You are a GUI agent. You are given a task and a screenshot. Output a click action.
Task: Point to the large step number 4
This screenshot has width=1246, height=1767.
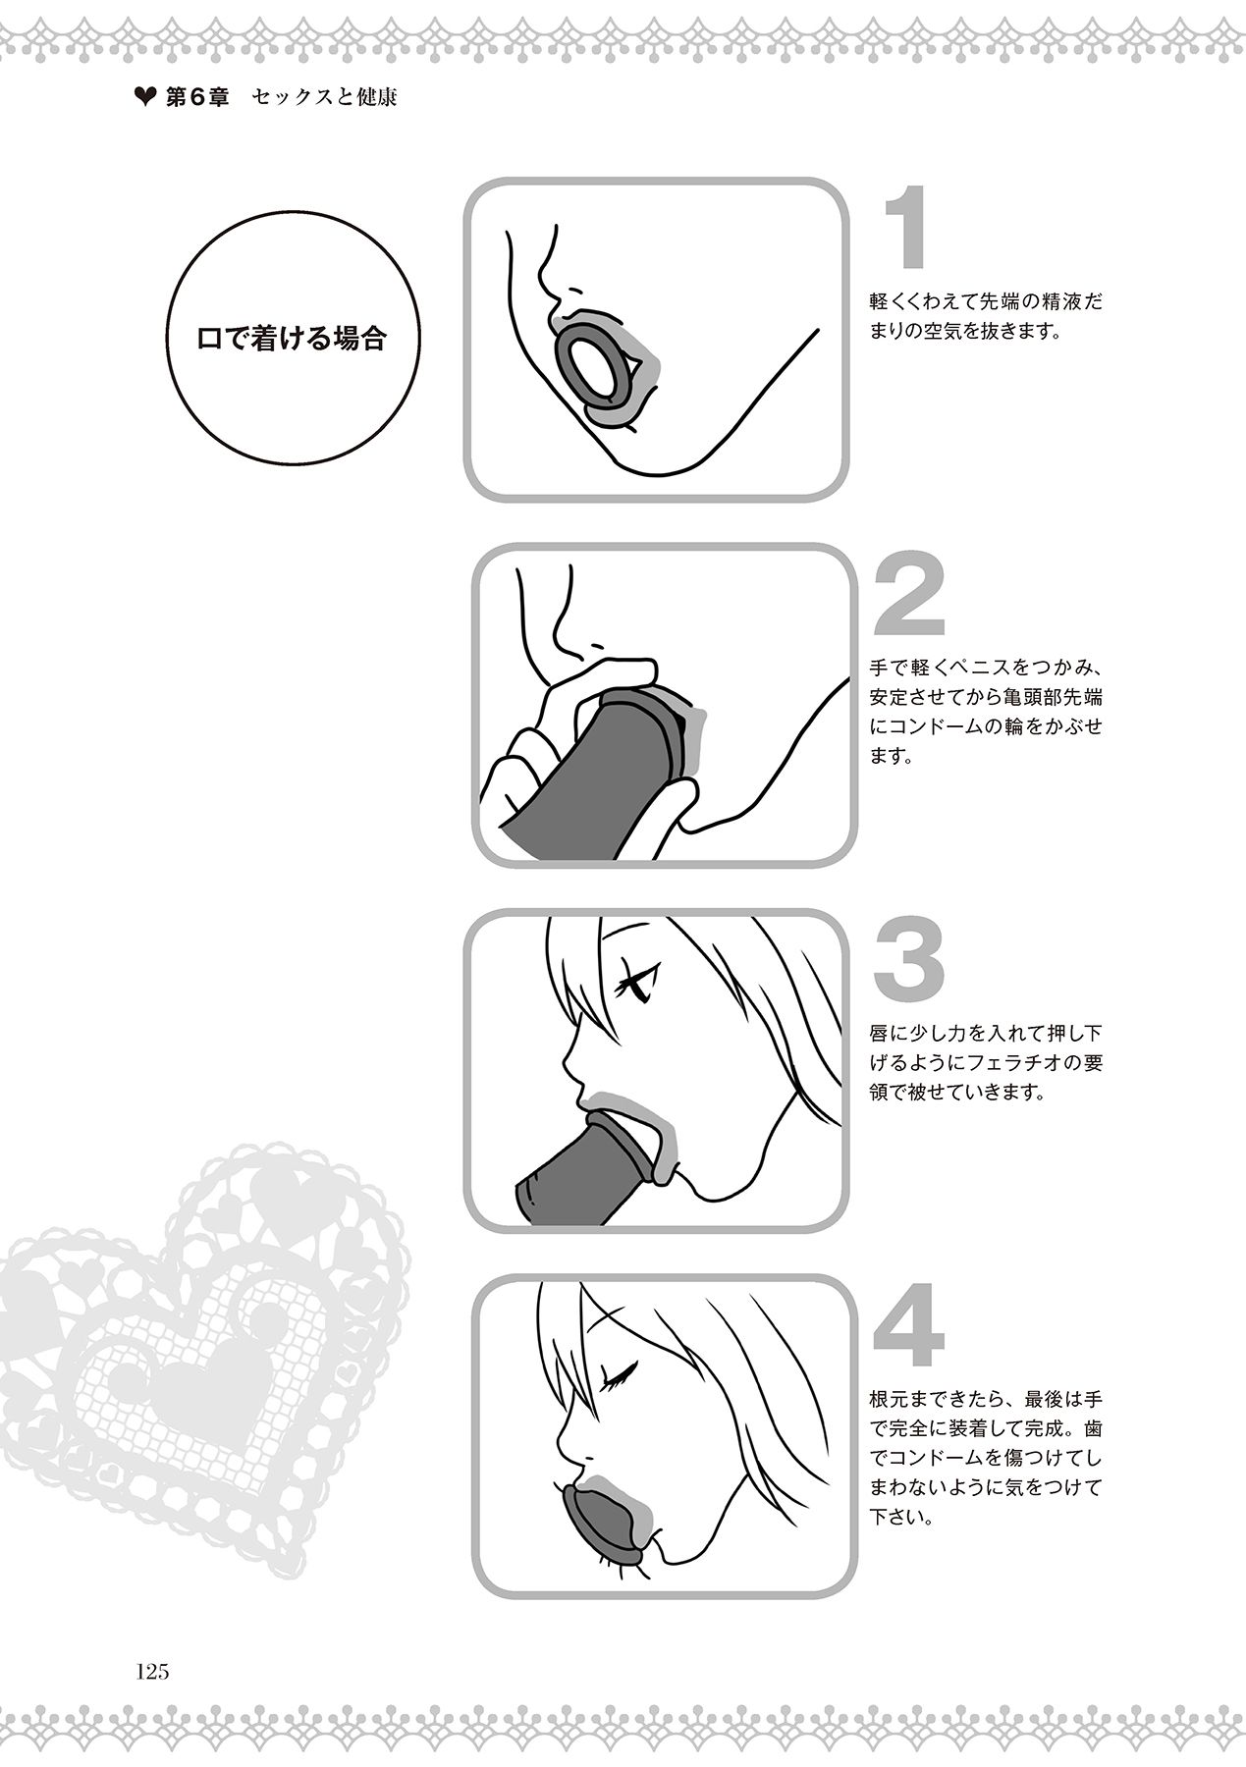coord(908,1326)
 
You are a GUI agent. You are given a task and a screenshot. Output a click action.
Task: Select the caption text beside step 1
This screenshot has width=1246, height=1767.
coord(985,316)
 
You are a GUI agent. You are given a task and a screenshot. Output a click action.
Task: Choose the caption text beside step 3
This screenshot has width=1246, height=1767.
coord(985,1064)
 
